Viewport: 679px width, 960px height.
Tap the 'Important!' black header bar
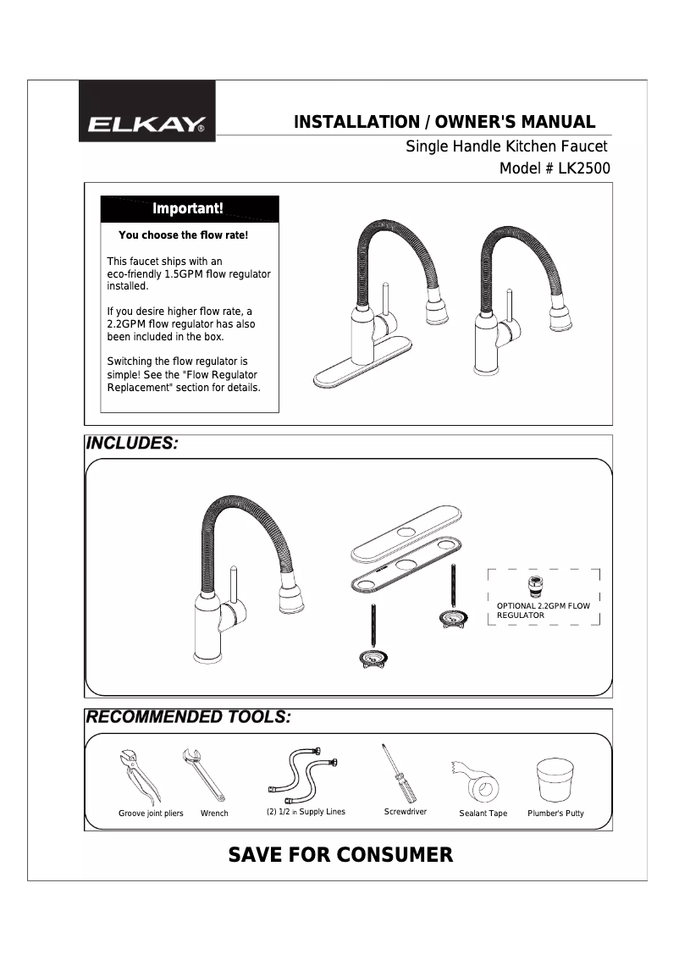[189, 208]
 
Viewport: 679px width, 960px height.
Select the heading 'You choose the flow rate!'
[183, 235]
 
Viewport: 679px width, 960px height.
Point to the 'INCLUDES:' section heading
[132, 444]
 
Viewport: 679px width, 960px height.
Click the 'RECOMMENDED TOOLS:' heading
[189, 717]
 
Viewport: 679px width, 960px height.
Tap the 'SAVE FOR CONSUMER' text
[340, 855]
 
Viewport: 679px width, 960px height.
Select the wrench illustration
[203, 774]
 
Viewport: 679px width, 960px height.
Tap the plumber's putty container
[555, 779]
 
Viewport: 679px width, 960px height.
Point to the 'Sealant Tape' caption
[483, 814]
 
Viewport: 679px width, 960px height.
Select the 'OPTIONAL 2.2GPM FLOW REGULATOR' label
[543, 611]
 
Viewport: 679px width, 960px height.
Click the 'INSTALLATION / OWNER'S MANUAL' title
[444, 122]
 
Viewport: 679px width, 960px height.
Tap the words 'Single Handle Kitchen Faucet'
[506, 146]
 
